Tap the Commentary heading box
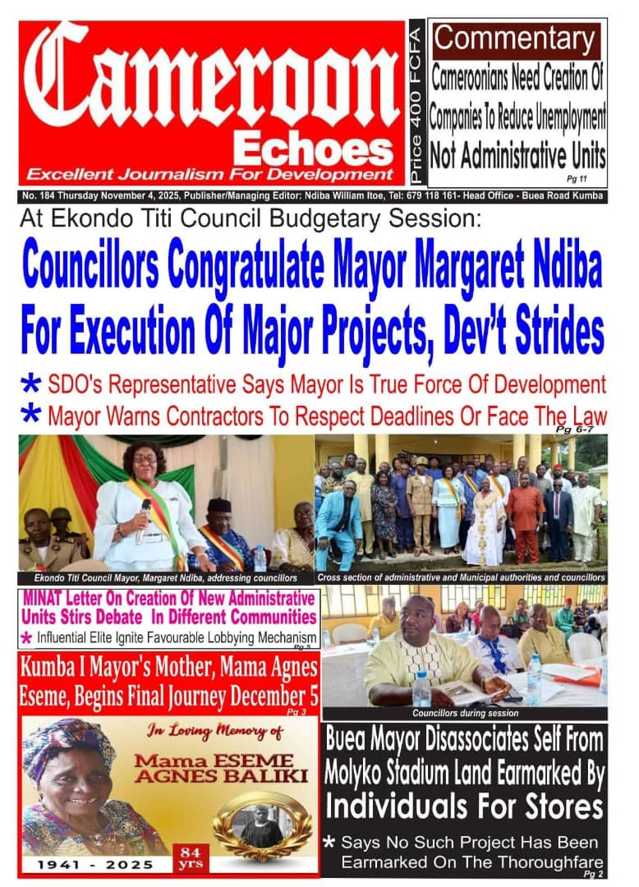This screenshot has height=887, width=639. click(x=516, y=39)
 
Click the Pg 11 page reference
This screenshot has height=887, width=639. click(x=572, y=177)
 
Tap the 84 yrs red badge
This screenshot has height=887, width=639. click(x=190, y=858)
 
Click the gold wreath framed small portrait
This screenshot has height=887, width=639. click(x=262, y=823)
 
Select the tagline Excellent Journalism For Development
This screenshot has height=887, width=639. click(x=209, y=174)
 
